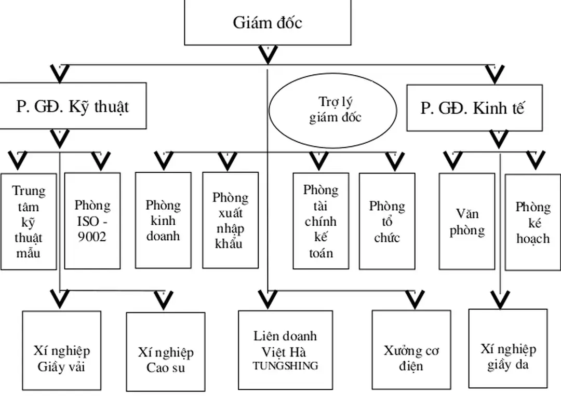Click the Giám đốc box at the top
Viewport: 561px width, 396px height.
[268, 23]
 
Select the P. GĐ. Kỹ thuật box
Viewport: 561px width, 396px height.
[73, 106]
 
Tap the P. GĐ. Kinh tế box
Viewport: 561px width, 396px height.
[472, 108]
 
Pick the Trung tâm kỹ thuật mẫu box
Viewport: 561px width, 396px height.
[29, 221]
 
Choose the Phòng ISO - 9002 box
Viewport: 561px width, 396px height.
[92, 221]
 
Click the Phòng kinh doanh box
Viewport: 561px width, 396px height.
[163, 220]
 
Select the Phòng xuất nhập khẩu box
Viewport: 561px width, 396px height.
[230, 220]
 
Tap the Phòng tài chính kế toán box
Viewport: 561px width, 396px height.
[320, 221]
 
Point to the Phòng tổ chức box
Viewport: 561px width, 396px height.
[387, 221]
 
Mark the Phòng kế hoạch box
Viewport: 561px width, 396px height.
[533, 222]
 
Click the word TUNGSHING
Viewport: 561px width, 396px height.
[285, 365]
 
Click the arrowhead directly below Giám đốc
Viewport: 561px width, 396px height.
[268, 54]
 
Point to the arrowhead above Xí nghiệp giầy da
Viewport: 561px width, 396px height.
[500, 299]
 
